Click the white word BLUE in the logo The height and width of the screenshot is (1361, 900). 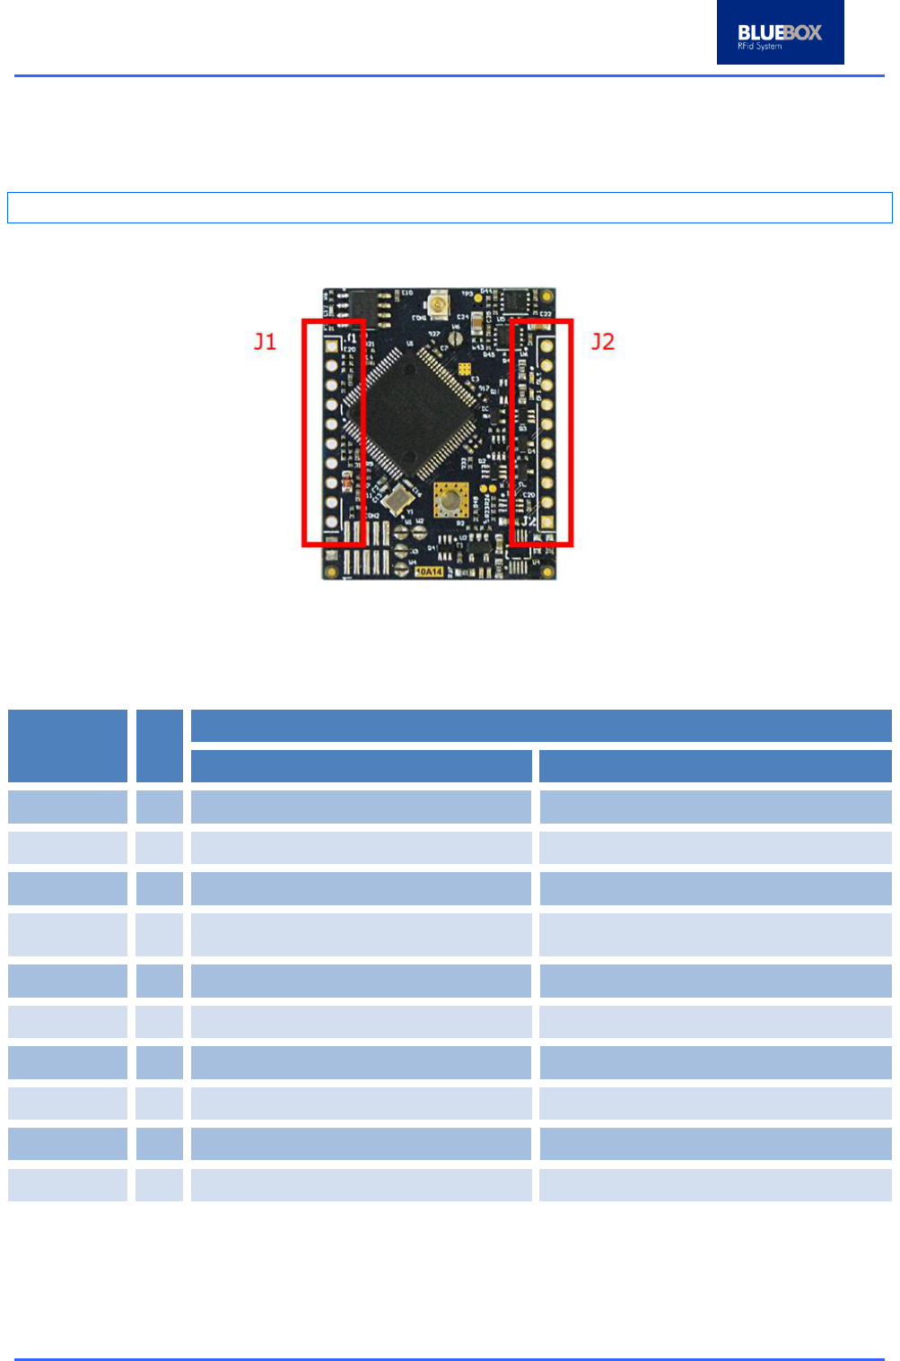pyautogui.click(x=759, y=32)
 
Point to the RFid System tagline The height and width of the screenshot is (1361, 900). pyautogui.click(x=759, y=47)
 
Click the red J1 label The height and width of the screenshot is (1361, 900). pyautogui.click(x=265, y=342)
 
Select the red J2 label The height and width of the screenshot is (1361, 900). pyautogui.click(x=602, y=342)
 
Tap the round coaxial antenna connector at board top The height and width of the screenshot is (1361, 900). pyautogui.click(x=440, y=305)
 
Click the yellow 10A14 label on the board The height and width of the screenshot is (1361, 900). pyautogui.click(x=429, y=571)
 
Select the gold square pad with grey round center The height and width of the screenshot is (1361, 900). pyautogui.click(x=450, y=499)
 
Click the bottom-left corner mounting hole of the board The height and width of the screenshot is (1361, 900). pyautogui.click(x=332, y=571)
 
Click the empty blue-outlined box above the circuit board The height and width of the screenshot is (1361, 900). pyautogui.click(x=450, y=207)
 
